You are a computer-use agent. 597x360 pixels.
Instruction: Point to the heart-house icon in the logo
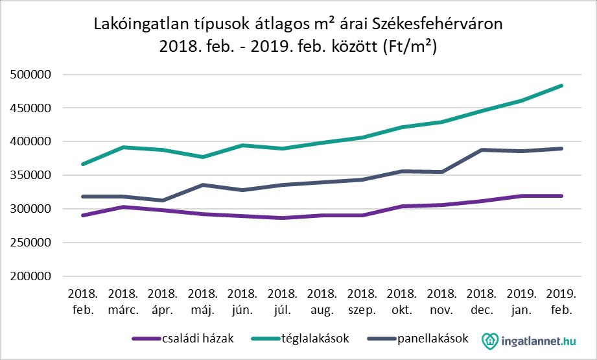pos(491,340)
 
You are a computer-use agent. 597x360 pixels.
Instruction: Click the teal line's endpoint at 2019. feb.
pos(561,86)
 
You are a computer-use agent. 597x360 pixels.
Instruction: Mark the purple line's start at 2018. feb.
pos(82,215)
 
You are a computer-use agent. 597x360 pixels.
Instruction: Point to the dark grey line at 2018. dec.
pos(482,150)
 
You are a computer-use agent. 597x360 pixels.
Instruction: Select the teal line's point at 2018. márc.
pos(122,147)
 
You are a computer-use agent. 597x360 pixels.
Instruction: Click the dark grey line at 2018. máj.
pos(202,185)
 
